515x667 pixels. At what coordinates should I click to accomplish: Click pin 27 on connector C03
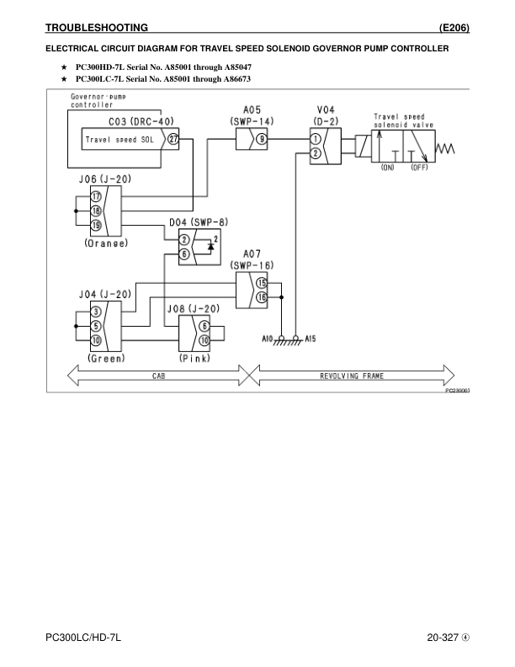point(173,141)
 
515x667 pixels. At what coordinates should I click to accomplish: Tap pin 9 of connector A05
point(263,140)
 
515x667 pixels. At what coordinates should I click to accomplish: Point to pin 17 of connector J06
point(96,196)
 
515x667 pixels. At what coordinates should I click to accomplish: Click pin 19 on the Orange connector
point(96,224)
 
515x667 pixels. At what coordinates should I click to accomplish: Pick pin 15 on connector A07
point(262,283)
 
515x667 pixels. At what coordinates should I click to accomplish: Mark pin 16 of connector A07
point(262,296)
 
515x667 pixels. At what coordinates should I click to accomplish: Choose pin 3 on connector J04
point(96,312)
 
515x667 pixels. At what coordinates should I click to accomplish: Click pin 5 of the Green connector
point(96,326)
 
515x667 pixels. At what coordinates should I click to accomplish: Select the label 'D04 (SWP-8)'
point(199,221)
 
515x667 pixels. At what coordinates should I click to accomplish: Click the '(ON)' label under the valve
point(387,168)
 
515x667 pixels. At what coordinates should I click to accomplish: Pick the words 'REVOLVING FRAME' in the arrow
point(352,375)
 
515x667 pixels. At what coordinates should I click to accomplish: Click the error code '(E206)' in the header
point(454,28)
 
